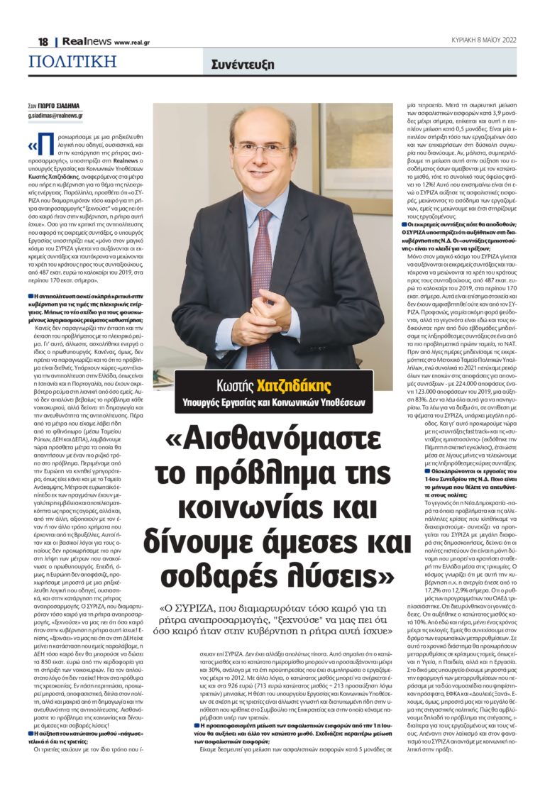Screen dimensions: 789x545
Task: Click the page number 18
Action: coord(43,42)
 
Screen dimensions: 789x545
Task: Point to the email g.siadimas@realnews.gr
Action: coord(56,115)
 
